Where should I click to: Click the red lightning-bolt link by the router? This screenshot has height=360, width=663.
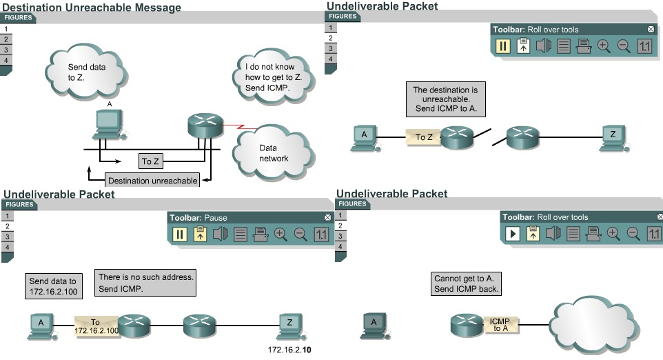(239, 127)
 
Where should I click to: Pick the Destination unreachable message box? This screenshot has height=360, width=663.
(152, 181)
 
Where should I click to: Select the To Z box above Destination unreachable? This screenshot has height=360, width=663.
(150, 162)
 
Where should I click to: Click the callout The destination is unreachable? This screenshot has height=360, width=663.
(445, 99)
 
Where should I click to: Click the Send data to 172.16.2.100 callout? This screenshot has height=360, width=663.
(54, 286)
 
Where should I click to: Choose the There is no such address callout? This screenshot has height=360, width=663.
(145, 282)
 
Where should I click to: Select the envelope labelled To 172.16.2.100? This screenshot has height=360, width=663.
(96, 326)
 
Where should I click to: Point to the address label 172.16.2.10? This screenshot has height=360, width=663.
(289, 350)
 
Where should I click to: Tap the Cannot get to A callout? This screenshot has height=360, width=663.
(465, 283)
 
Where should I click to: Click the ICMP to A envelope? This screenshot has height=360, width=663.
(499, 325)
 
